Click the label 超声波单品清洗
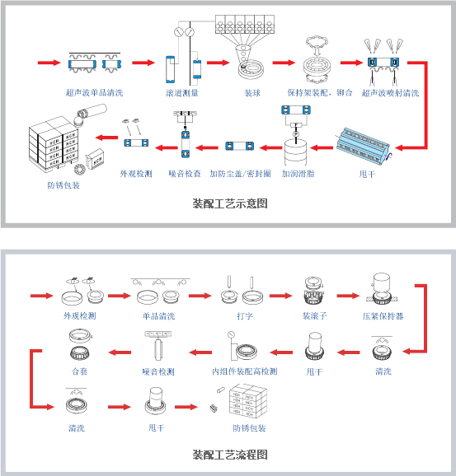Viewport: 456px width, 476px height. tap(95, 92)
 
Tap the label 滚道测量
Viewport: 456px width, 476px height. tap(182, 92)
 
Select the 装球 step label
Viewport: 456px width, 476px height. tap(252, 92)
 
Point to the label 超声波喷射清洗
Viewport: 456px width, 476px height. tap(390, 92)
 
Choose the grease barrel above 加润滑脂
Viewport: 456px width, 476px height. tap(295, 152)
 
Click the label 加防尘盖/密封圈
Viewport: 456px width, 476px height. tap(240, 174)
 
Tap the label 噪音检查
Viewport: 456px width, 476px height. tap(185, 174)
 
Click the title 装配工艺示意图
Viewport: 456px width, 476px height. tap(230, 203)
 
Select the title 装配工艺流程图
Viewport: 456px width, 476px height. tap(230, 455)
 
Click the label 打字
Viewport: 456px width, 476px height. tap(245, 316)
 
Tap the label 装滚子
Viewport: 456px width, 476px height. tap(315, 316)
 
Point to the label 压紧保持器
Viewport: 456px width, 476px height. tap(383, 316)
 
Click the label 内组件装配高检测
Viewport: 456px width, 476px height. tap(245, 371)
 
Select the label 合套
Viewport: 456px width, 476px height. tap(80, 371)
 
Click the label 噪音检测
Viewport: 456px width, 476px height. tap(158, 371)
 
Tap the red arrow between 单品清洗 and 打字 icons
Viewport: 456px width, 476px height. tap(200, 296)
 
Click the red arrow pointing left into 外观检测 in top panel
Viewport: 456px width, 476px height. tap(106, 138)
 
